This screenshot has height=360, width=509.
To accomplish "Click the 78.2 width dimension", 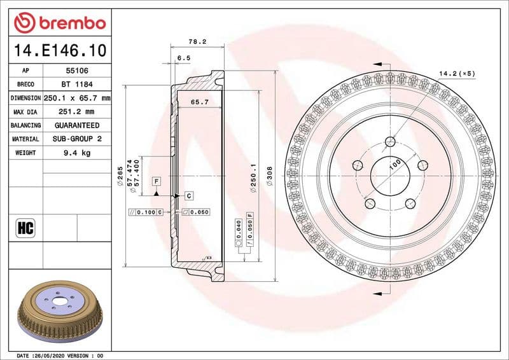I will (x=197, y=41).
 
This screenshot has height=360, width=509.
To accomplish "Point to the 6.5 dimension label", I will (x=184, y=58).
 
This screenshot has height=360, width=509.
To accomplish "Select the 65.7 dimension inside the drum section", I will (x=200, y=102).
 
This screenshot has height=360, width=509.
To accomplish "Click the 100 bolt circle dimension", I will (x=394, y=164).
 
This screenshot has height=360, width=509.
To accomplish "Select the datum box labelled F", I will (x=156, y=181).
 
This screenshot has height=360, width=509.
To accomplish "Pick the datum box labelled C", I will (x=189, y=195).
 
